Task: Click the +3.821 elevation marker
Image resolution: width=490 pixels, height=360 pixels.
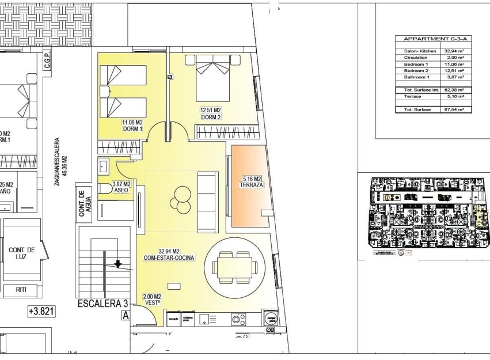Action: click(41, 311)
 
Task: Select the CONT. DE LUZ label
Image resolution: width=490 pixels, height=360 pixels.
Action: click(22, 253)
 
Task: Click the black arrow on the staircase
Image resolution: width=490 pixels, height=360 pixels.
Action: click(118, 264)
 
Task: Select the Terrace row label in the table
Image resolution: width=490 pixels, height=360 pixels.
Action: click(413, 97)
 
